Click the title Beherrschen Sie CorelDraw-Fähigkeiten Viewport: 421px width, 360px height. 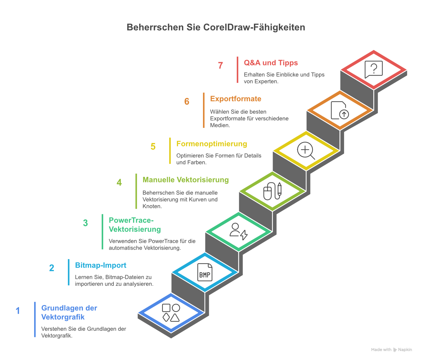click(216, 27)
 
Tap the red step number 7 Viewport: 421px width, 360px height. click(220, 66)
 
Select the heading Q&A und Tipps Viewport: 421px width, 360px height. click(271, 63)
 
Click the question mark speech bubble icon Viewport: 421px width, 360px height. click(373, 69)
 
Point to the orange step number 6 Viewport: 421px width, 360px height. click(187, 102)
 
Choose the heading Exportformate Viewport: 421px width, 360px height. click(235, 99)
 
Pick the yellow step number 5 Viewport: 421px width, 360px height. click(153, 147)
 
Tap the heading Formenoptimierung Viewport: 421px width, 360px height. click(211, 144)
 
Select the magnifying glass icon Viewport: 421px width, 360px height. click(306, 151)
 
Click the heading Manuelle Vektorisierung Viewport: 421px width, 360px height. click(186, 180)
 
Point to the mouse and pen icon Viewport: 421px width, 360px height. click(272, 191)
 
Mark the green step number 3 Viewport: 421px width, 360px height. click(86, 223)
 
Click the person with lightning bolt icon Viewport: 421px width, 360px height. click(238, 231)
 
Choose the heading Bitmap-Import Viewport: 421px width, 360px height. click(101, 265)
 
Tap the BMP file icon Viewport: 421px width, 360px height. click(205, 272)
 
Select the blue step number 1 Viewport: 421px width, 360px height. click(18, 311)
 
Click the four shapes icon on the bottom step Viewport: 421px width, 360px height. click(171, 313)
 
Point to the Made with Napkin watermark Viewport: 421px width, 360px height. click(391, 350)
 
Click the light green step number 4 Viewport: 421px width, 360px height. click(119, 182)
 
